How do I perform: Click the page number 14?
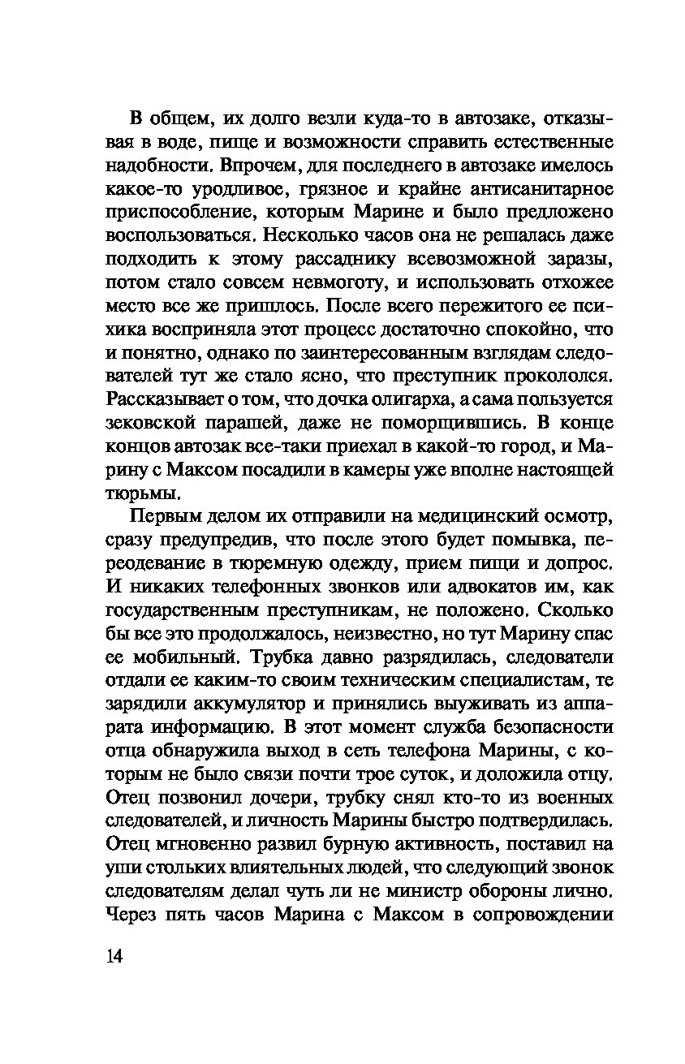point(114,955)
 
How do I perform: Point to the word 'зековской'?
point(158,424)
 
